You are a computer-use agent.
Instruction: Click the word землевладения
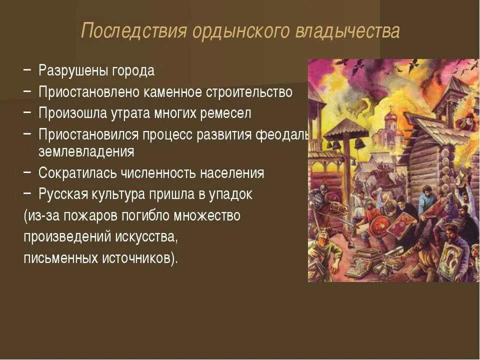click(86, 151)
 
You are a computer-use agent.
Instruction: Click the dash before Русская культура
click(28, 193)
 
